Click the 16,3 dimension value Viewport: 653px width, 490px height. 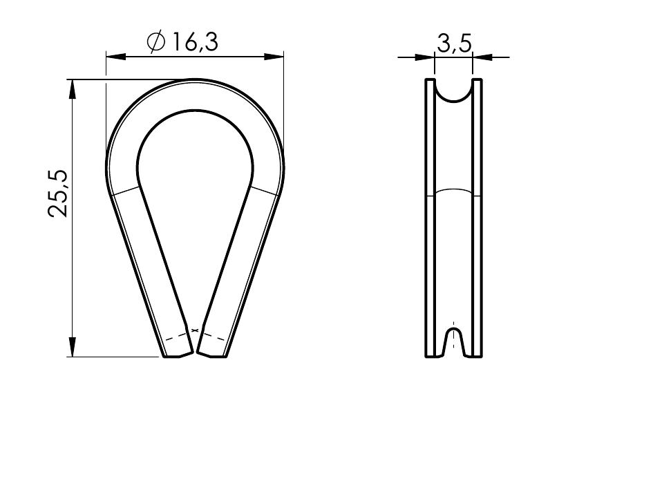pyautogui.click(x=195, y=42)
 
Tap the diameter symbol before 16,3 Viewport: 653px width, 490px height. pyautogui.click(x=156, y=42)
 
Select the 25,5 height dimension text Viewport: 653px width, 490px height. pyautogui.click(x=57, y=194)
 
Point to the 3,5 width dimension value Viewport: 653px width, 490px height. pyautogui.click(x=454, y=44)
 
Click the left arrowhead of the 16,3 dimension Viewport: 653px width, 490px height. pyautogui.click(x=116, y=57)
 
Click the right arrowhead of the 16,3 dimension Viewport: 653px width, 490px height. pyautogui.click(x=274, y=57)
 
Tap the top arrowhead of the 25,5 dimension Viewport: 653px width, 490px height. pyautogui.click(x=73, y=89)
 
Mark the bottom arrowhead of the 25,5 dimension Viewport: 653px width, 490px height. pyautogui.click(x=73, y=347)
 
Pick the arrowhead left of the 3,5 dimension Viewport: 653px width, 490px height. pyautogui.click(x=425, y=57)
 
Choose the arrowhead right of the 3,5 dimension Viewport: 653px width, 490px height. pyautogui.click(x=482, y=57)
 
